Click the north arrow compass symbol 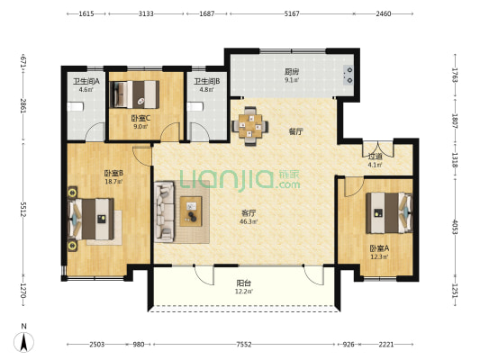[24, 341]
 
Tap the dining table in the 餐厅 [250, 126]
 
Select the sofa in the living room [164, 211]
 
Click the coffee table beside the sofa [191, 211]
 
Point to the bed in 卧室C [135, 94]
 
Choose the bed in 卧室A [389, 212]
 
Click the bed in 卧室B [91, 219]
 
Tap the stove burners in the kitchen [348, 76]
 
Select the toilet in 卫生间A [76, 107]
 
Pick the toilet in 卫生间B [195, 107]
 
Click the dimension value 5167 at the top [292, 13]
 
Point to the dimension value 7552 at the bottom [244, 345]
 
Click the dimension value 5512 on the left [23, 209]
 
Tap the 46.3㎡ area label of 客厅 [249, 221]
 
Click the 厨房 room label [292, 72]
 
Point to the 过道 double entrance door [378, 148]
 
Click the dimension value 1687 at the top [207, 13]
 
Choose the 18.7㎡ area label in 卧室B [113, 182]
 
